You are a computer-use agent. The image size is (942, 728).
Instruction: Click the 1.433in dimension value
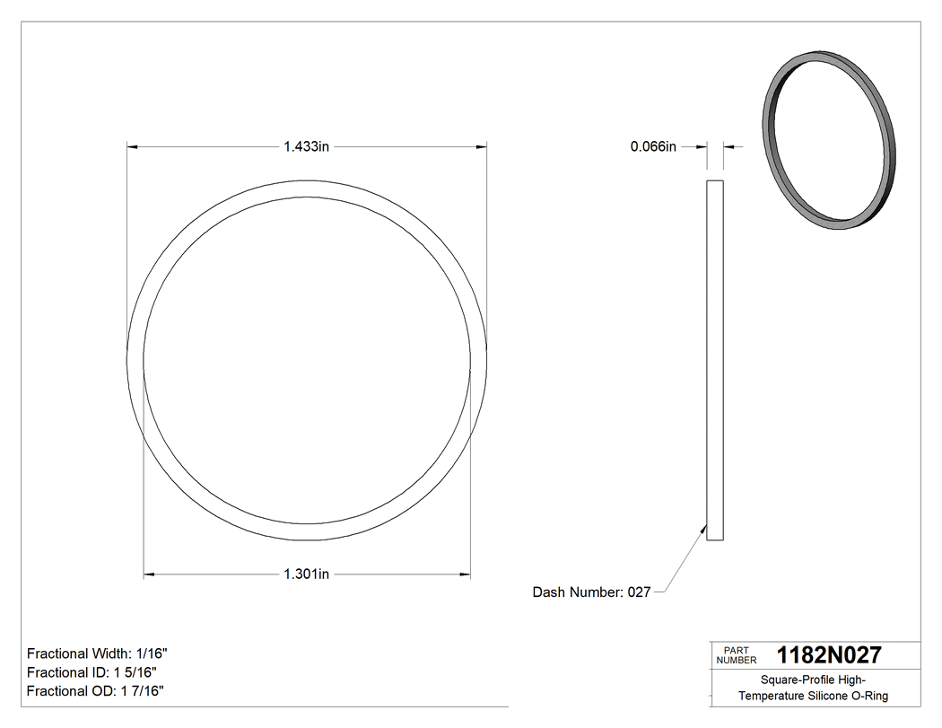click(307, 146)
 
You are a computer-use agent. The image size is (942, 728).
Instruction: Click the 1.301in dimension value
click(307, 575)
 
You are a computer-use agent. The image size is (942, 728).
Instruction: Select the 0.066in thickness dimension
click(653, 146)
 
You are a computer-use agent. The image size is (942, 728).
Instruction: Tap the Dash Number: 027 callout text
click(591, 592)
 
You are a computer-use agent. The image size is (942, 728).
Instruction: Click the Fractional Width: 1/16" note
click(97, 653)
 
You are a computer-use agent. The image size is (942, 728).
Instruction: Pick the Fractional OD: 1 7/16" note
click(95, 691)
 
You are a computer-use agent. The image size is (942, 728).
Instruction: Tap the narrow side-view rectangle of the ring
click(715, 359)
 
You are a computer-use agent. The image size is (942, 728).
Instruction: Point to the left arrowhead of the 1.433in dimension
click(132, 146)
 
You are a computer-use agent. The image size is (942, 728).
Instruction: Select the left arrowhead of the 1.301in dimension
click(149, 575)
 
